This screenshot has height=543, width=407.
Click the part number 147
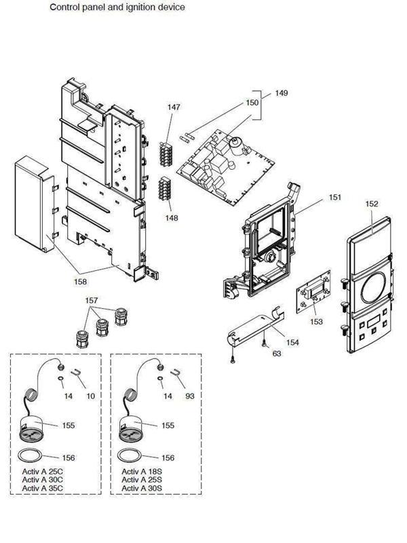(174, 107)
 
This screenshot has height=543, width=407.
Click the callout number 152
(372, 203)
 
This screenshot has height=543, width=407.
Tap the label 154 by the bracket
(292, 343)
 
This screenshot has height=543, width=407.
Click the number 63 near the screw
(277, 353)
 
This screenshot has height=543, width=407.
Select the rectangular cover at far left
(34, 204)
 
